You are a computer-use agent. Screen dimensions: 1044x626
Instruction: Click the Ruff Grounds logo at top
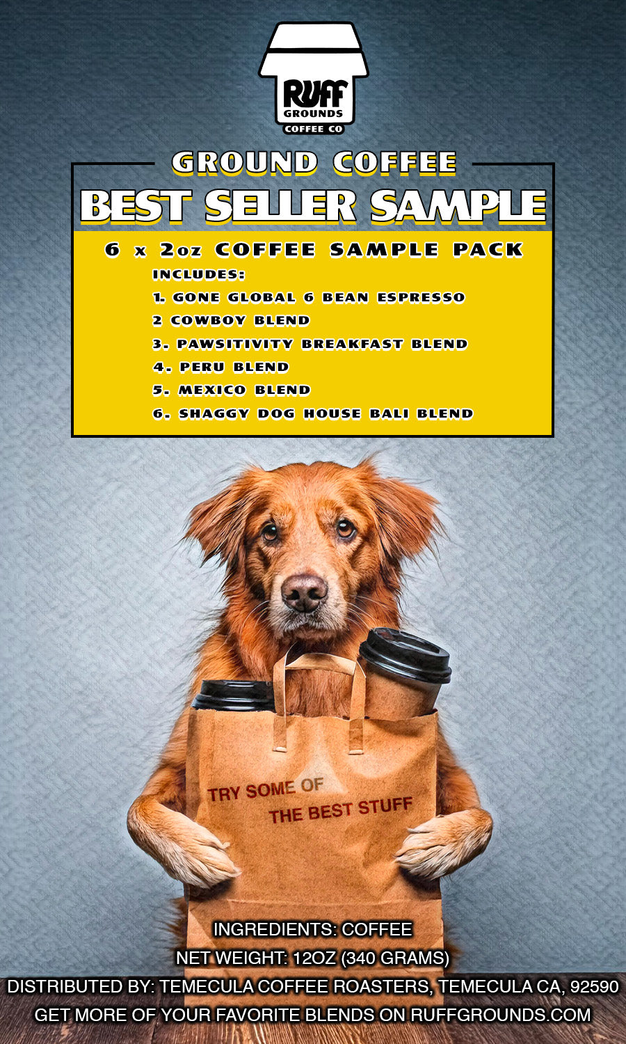(313, 78)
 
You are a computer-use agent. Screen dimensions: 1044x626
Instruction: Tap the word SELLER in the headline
(280, 207)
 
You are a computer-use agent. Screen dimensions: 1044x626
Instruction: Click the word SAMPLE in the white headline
(458, 207)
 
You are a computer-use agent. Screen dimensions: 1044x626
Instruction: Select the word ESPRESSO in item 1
(421, 298)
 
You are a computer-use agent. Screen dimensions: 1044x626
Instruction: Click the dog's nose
(304, 592)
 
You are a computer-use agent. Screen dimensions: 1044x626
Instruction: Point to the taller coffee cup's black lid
(406, 655)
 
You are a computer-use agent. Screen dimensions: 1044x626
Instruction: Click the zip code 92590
(594, 986)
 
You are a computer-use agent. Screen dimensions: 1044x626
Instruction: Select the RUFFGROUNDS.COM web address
(501, 1015)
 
